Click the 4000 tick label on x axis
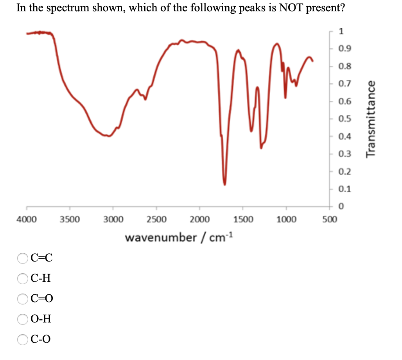click(27, 220)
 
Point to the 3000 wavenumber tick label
click(113, 220)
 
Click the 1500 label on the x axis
click(243, 220)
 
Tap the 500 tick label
click(329, 220)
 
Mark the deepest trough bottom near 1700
click(225, 184)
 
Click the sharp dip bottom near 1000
click(285, 97)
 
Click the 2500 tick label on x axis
click(156, 220)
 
